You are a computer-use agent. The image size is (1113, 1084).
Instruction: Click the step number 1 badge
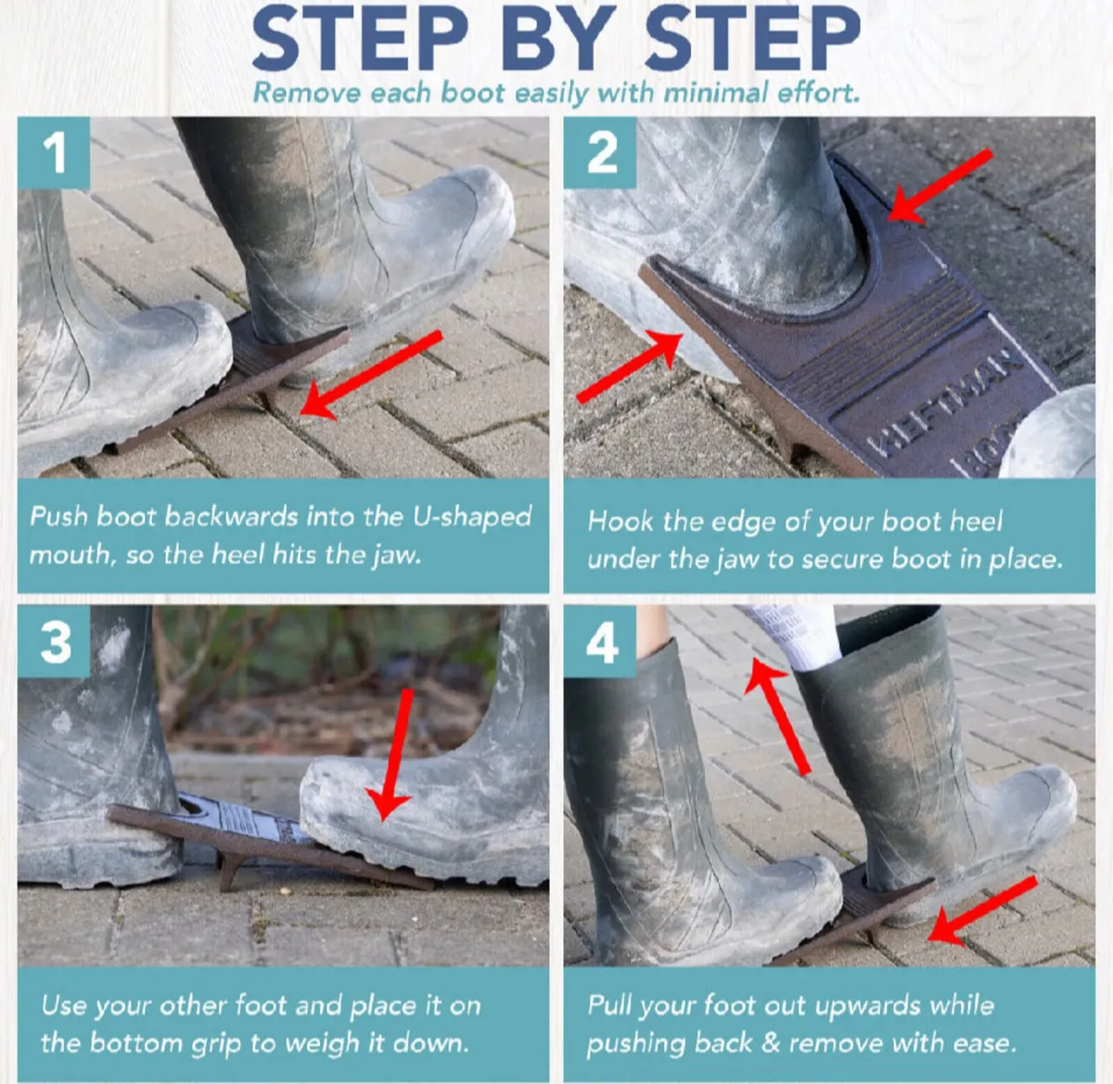point(54,152)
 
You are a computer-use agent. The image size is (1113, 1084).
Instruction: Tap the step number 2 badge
point(601,152)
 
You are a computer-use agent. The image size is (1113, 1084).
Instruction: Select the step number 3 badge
point(55,642)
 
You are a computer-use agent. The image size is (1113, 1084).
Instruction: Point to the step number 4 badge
point(601,642)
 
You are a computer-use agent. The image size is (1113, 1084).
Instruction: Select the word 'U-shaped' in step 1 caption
point(472,517)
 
